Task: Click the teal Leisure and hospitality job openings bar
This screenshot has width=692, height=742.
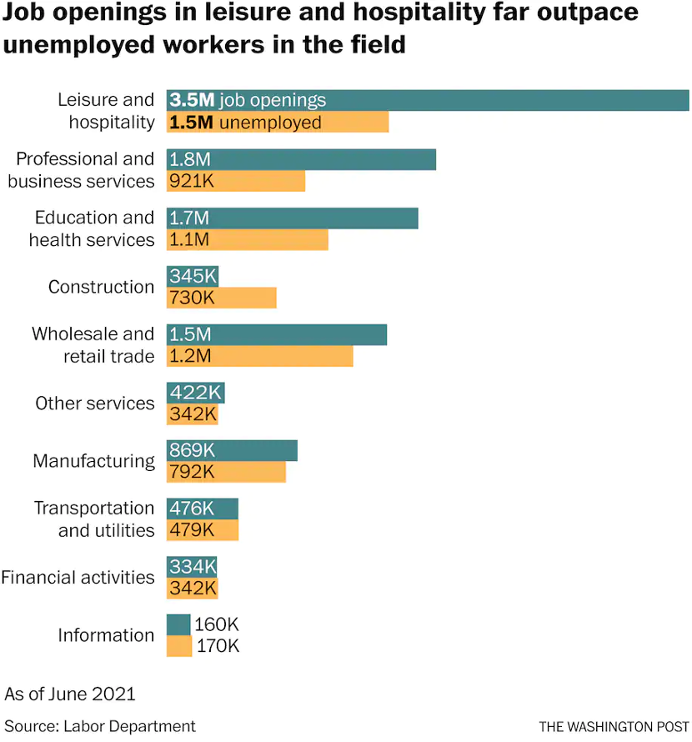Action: [x=500, y=100]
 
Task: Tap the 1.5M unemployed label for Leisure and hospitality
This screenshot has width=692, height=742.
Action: [x=245, y=123]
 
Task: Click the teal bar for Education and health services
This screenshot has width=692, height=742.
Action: [x=333, y=218]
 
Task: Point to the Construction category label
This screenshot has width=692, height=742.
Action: [x=101, y=287]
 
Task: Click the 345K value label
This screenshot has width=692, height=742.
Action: [x=193, y=276]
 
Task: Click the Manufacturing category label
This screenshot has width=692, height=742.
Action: [x=93, y=461]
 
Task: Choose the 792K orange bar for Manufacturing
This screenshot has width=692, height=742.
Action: [x=250, y=472]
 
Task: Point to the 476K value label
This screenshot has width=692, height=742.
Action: [x=192, y=509]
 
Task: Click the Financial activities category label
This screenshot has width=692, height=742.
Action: [x=78, y=577]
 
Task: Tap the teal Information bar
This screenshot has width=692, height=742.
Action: [x=178, y=624]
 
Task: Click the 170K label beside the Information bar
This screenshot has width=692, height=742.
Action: [x=218, y=645]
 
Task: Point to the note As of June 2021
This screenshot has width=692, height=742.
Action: [x=70, y=694]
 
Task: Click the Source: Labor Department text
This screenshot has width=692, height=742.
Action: [x=100, y=726]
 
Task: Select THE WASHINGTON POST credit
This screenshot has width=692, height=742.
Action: [x=614, y=727]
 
